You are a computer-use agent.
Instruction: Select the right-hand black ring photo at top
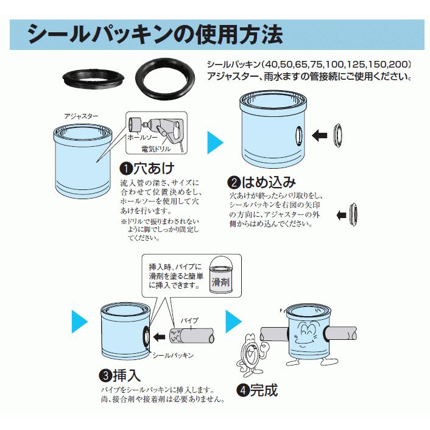tap(165, 77)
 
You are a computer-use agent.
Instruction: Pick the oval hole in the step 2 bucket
tap(297, 135)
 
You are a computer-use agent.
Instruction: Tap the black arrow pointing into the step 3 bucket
tap(160, 336)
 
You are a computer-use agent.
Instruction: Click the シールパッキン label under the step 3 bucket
tap(172, 354)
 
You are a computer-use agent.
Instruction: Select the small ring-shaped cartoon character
tap(250, 353)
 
